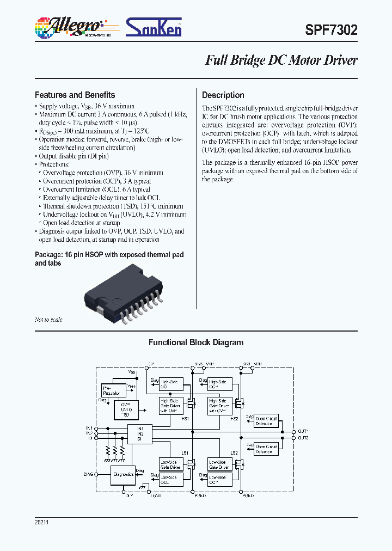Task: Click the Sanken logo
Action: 154,27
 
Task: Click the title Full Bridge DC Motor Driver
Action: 281,60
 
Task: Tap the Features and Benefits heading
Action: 75,95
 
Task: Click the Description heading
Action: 223,95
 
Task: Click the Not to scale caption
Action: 48,320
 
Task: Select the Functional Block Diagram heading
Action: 196,342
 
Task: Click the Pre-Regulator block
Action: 112,390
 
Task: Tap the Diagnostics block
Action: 124,474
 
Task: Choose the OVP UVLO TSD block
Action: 126,408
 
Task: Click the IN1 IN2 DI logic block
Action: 140,434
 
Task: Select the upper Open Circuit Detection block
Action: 266,421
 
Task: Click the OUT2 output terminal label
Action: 303,438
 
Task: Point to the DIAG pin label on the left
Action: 89,474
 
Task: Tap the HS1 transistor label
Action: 185,419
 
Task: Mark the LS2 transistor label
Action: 234,453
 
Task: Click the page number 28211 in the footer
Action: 42,522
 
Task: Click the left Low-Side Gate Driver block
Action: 170,464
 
